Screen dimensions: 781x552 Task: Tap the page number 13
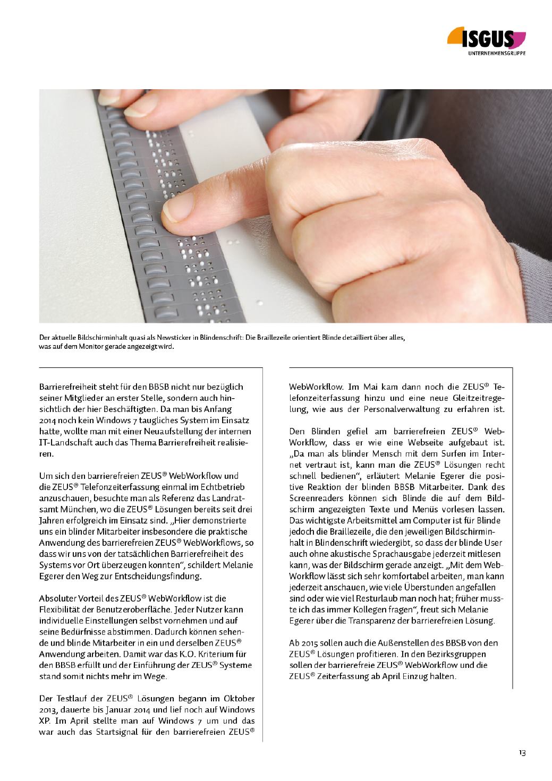pyautogui.click(x=523, y=753)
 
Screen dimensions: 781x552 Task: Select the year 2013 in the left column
pyautogui.click(x=49, y=709)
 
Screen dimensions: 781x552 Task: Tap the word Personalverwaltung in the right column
pyautogui.click(x=394, y=409)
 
